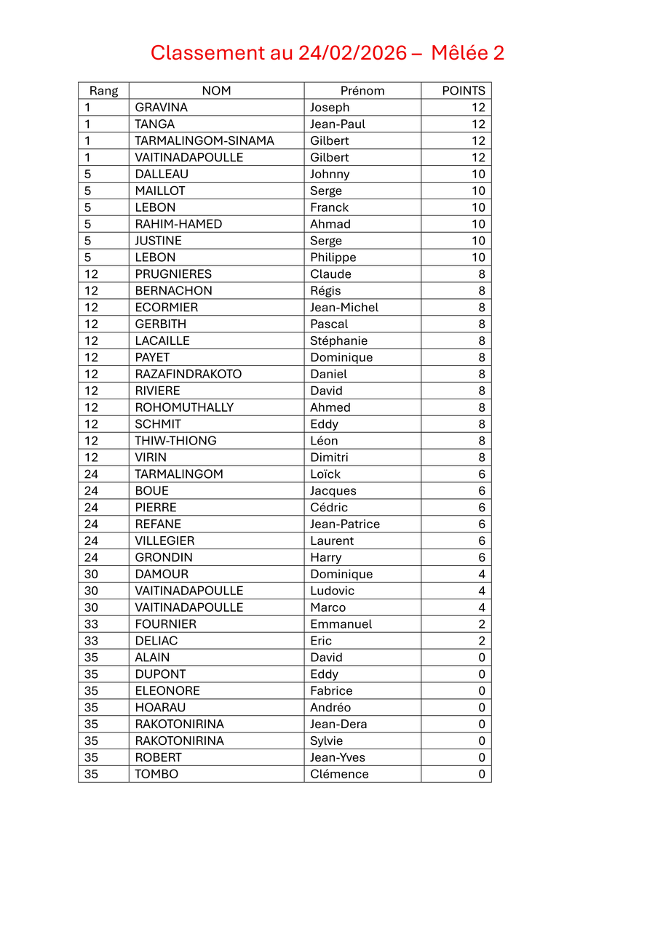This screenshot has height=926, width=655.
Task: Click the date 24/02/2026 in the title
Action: [352, 53]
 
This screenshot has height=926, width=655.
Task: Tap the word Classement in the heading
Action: [207, 53]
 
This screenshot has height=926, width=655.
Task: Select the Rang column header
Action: [103, 91]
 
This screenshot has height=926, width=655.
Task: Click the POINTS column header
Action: [463, 91]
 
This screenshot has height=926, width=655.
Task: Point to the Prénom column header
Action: [362, 91]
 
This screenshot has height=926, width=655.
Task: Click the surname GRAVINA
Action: [161, 108]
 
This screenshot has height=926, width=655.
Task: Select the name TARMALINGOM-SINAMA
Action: [205, 141]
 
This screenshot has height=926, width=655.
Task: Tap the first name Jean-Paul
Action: [338, 124]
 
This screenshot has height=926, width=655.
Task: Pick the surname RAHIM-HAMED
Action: [178, 224]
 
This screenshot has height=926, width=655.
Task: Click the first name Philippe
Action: [333, 258]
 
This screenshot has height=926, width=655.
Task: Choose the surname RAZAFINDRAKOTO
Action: [188, 374]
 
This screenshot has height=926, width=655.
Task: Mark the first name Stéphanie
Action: [338, 340]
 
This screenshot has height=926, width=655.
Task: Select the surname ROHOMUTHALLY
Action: [184, 407]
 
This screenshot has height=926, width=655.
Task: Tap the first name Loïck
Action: [325, 474]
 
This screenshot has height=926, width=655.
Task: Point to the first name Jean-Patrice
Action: [345, 524]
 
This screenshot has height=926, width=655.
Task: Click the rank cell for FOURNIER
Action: [91, 624]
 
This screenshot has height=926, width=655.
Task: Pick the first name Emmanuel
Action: [341, 624]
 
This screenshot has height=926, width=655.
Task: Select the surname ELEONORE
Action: [167, 691]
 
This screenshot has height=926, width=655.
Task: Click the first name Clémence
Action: [339, 774]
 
